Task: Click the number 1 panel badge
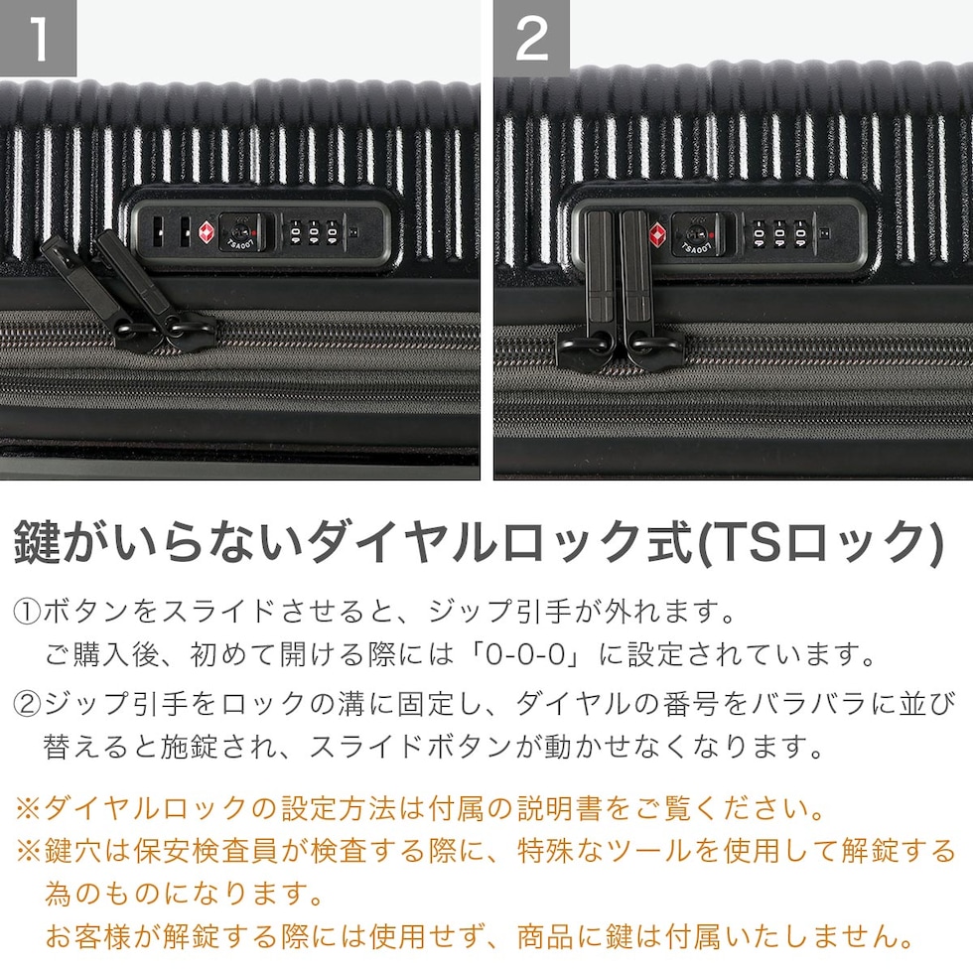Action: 38,38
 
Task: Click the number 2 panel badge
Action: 532,38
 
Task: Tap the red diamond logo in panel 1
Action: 207,232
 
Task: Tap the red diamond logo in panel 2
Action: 657,234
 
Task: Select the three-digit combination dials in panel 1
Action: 314,232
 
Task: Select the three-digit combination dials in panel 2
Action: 779,234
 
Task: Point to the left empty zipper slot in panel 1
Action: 157,232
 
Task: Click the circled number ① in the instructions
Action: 27,613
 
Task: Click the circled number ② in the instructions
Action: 27,704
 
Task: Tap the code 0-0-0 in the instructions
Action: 525,654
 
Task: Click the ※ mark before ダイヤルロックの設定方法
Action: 28,808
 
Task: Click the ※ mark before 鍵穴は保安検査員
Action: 28,852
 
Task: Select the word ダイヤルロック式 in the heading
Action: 498,542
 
